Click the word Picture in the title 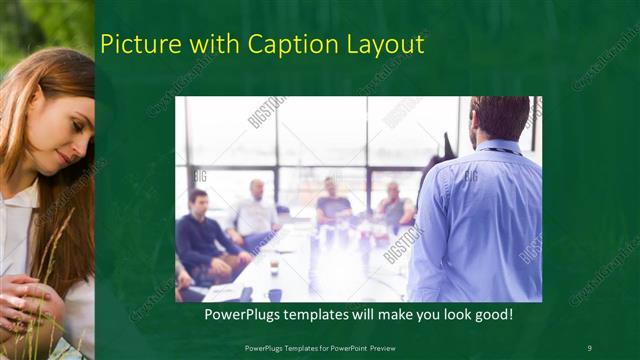click(x=137, y=44)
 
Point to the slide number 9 click(x=589, y=347)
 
